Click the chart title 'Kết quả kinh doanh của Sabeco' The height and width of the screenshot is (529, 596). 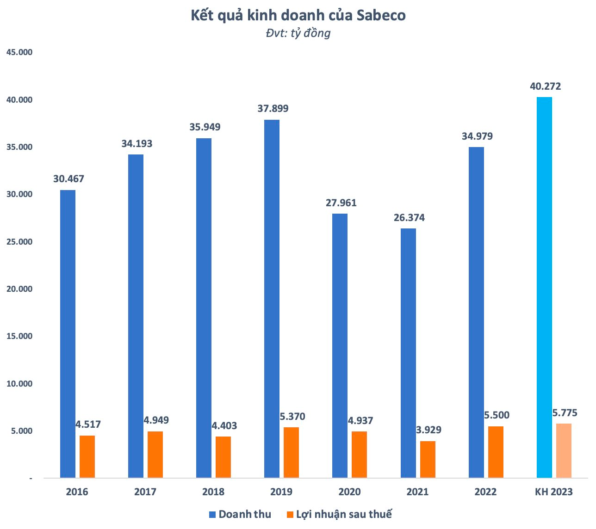[x=298, y=16]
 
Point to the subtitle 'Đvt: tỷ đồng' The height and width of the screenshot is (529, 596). [x=298, y=33]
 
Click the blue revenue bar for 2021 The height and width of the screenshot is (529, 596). [x=408, y=353]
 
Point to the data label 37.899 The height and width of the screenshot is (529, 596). [x=273, y=109]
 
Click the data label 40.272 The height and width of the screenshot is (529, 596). [x=546, y=86]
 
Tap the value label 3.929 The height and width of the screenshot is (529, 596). [x=428, y=430]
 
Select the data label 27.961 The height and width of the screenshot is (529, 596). [x=341, y=203]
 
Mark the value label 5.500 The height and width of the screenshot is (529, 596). [x=497, y=415]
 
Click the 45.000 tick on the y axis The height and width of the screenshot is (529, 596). [x=19, y=52]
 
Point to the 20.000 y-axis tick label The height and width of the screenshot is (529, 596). [x=19, y=289]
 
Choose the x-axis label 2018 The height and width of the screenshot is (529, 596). [x=213, y=492]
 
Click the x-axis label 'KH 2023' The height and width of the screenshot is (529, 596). [x=553, y=492]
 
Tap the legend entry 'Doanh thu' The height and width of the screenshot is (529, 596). [x=240, y=514]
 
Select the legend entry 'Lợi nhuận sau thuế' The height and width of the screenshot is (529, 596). [x=340, y=514]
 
